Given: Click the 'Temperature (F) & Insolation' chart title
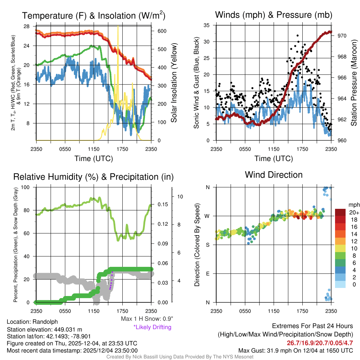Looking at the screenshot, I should click(x=94, y=15).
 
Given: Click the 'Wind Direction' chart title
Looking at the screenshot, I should click(x=274, y=175).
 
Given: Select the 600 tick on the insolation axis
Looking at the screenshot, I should click(x=162, y=31).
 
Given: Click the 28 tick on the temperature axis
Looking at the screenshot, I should click(x=27, y=26).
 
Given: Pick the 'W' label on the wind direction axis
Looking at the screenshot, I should click(x=207, y=216).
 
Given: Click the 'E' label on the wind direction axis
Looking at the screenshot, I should click(x=207, y=274).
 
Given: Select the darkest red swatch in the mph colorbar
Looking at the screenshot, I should click(x=340, y=212).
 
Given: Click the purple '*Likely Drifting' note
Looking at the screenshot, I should click(x=152, y=327).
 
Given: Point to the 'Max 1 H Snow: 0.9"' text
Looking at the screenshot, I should click(x=147, y=319).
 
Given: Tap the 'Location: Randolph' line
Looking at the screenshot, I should click(x=32, y=322).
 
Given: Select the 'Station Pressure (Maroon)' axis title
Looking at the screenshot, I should click(x=354, y=83).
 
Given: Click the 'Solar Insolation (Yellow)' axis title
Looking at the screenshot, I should click(x=174, y=83).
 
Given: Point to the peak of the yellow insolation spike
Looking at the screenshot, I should click(x=118, y=27).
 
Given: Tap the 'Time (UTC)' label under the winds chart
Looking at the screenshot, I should click(x=274, y=159).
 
